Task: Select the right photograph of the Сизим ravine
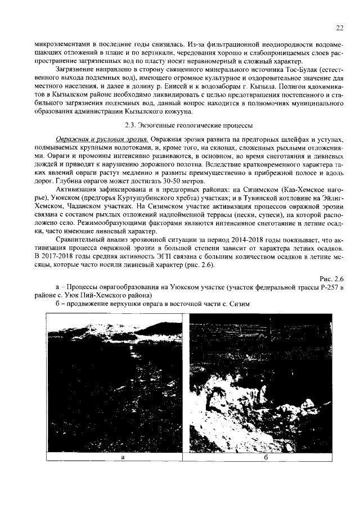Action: pos(265,382)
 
